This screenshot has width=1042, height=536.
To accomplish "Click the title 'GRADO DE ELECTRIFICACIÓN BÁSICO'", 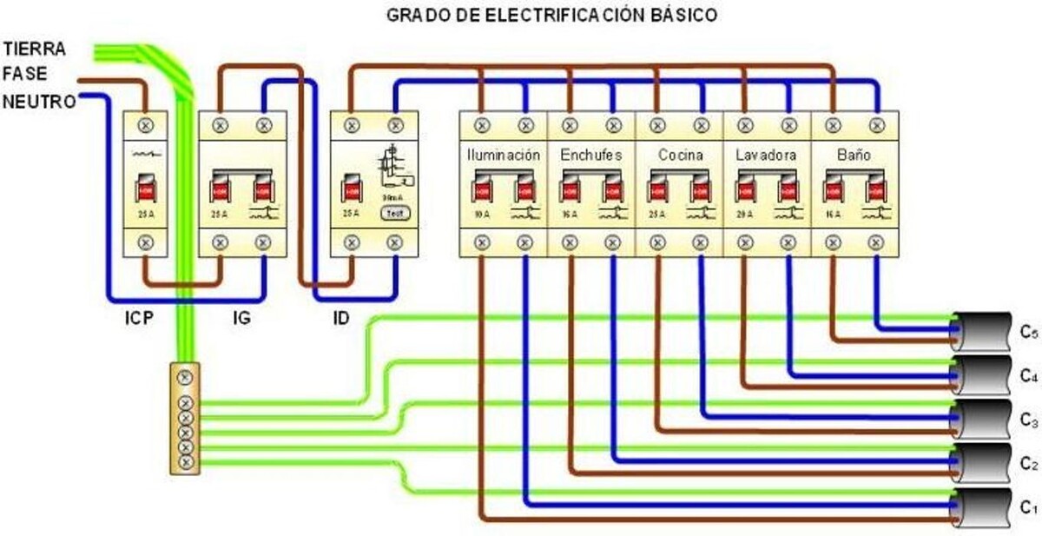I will tap(552, 16).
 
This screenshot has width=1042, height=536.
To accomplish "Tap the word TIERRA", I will tap(35, 48).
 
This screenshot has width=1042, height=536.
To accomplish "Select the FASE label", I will tap(25, 74).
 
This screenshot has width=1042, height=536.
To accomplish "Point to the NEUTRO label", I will tap(38, 101).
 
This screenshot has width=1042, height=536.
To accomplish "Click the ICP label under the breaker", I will tap(138, 318).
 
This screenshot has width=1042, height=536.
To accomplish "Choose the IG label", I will tap(242, 318).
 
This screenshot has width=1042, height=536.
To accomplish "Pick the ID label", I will tap(341, 318).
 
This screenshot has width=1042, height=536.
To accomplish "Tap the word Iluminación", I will tap(504, 156).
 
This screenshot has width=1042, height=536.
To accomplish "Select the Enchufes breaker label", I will tap(591, 156).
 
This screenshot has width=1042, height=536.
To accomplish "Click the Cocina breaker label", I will tap(680, 156).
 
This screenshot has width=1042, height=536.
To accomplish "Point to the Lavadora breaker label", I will tap(767, 156).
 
